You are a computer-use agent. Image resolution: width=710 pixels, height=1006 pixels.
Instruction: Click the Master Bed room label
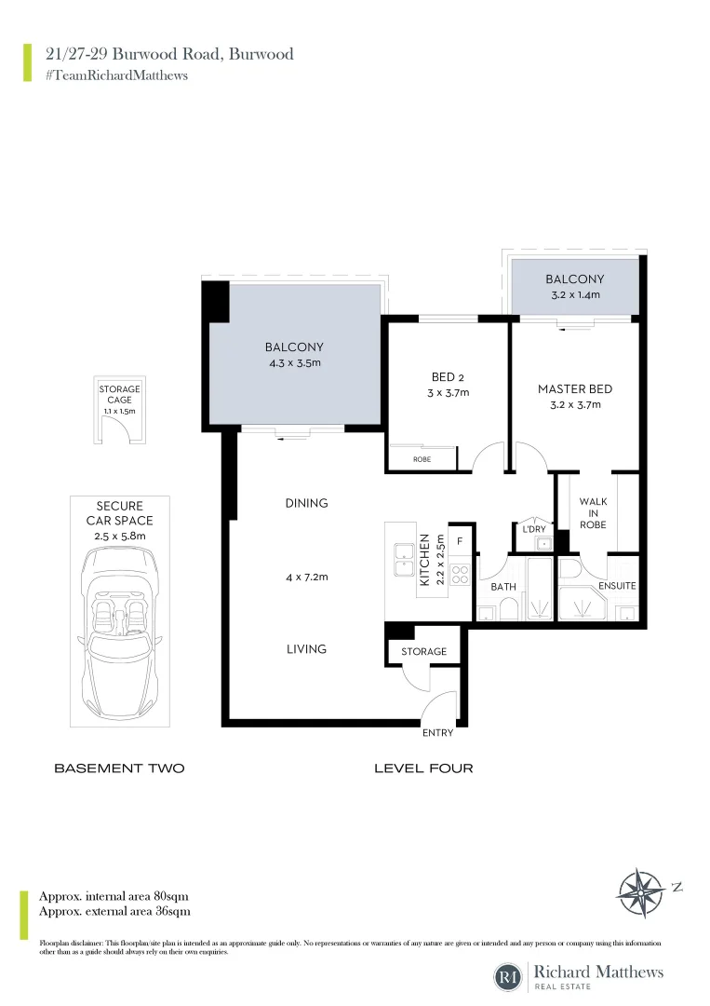point(575,389)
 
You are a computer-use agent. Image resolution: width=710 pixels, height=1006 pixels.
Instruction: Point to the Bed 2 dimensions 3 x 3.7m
point(443,393)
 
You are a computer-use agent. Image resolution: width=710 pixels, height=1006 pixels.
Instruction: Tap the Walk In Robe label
point(593,513)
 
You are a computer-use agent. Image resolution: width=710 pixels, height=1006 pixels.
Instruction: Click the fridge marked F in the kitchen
point(460,540)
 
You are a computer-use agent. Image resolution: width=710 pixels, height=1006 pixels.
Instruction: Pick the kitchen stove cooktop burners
point(460,573)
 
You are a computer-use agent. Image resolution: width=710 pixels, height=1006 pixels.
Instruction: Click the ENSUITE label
point(617,586)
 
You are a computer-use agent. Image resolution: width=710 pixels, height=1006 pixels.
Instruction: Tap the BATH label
point(503,587)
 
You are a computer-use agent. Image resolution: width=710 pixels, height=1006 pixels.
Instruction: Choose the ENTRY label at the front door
point(437,733)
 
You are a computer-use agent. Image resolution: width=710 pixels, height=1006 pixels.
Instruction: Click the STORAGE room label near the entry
point(424,652)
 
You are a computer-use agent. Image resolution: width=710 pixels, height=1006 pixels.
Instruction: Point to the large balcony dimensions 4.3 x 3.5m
point(294,363)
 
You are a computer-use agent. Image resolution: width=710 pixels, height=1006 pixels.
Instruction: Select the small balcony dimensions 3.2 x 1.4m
point(574,294)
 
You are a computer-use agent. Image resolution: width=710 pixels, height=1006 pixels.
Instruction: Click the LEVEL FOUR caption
point(423,768)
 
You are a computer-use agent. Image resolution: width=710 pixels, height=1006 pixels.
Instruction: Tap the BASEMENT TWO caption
point(119,768)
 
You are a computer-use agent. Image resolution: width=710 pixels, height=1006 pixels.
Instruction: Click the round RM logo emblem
point(508,977)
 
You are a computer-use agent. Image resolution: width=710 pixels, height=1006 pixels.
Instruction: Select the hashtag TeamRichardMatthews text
point(116,75)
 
